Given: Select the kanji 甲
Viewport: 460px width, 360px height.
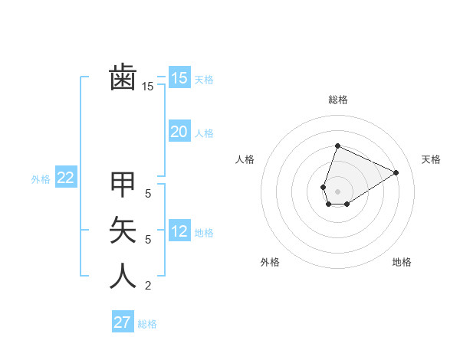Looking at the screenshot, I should tap(123, 184).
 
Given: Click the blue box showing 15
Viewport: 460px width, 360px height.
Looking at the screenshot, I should tap(179, 77).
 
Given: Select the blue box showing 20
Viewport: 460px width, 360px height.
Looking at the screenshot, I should tap(179, 132).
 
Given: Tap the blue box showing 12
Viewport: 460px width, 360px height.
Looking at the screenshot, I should tap(179, 231).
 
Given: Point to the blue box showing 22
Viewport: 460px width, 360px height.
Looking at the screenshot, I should tap(66, 178).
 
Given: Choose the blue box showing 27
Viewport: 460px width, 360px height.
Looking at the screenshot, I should tap(122, 322).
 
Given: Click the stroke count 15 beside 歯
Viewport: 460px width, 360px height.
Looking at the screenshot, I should tap(148, 87).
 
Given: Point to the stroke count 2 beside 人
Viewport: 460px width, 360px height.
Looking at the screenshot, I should tap(148, 286).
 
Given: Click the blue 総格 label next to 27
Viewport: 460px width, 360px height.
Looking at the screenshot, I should tap(147, 324).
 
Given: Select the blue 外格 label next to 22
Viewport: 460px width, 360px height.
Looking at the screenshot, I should tap(41, 179).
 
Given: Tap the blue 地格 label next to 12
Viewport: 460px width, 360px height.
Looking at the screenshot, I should tap(204, 233).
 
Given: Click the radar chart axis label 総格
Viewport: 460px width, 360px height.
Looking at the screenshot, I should tap(337, 100).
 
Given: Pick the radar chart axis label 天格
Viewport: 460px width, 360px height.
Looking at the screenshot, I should tap(431, 159).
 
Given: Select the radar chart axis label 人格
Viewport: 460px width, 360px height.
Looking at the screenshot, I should tap(245, 159).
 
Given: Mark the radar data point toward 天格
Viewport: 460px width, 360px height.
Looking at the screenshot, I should tap(396, 172).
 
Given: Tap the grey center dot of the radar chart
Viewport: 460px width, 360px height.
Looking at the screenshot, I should tap(337, 191).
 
